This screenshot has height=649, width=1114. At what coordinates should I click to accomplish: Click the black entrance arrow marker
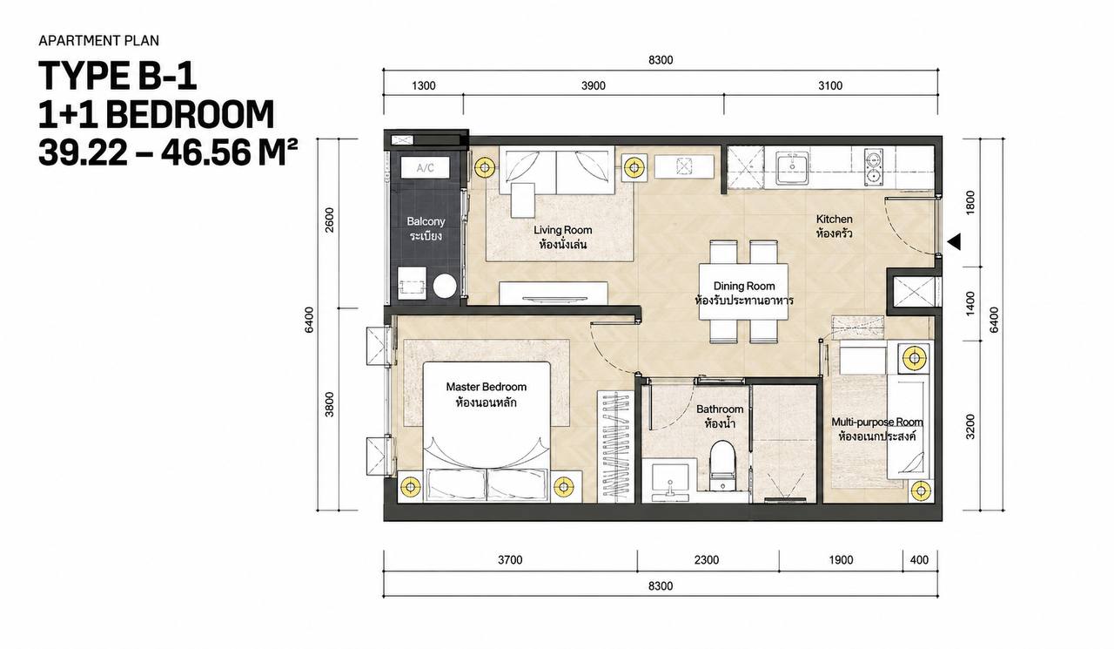[955, 242]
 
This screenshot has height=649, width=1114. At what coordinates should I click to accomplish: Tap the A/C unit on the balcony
[426, 168]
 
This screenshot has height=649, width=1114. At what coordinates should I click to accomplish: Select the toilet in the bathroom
[721, 466]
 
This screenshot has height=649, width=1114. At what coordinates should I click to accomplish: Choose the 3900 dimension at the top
[594, 86]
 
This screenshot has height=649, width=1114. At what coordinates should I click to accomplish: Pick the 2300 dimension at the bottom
[707, 560]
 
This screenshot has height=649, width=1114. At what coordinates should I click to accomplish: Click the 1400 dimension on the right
[970, 304]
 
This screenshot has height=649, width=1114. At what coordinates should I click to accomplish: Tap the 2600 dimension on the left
[329, 220]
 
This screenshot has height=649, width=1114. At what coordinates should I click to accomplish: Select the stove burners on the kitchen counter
[873, 167]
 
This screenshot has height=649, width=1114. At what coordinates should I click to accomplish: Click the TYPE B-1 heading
[117, 76]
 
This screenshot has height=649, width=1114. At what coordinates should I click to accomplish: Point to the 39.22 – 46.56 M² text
[168, 152]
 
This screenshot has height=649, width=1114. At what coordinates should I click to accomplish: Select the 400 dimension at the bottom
[919, 560]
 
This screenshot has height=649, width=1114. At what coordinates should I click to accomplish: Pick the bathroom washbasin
[670, 481]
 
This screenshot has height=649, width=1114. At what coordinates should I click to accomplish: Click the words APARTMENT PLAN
[99, 41]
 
